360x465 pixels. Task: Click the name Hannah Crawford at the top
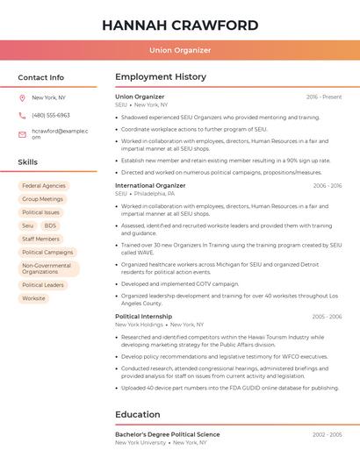(180, 25)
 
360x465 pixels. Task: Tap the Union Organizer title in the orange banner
(180, 50)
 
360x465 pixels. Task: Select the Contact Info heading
(40, 77)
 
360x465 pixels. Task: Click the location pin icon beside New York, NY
(23, 97)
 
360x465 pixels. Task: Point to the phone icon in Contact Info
(23, 116)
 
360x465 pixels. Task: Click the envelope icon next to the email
(23, 134)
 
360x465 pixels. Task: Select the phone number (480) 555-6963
(51, 116)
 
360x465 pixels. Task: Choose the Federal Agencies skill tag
(44, 186)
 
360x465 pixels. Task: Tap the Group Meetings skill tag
(42, 199)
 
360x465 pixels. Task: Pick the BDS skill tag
(50, 225)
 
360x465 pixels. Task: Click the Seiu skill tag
(28, 225)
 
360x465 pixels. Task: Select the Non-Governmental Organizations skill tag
(47, 268)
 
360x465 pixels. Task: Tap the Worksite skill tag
(34, 298)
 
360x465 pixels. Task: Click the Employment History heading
(161, 77)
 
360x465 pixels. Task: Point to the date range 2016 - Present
(324, 97)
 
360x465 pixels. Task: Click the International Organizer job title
(150, 186)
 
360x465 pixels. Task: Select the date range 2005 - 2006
(327, 316)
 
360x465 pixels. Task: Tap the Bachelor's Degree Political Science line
(168, 434)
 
